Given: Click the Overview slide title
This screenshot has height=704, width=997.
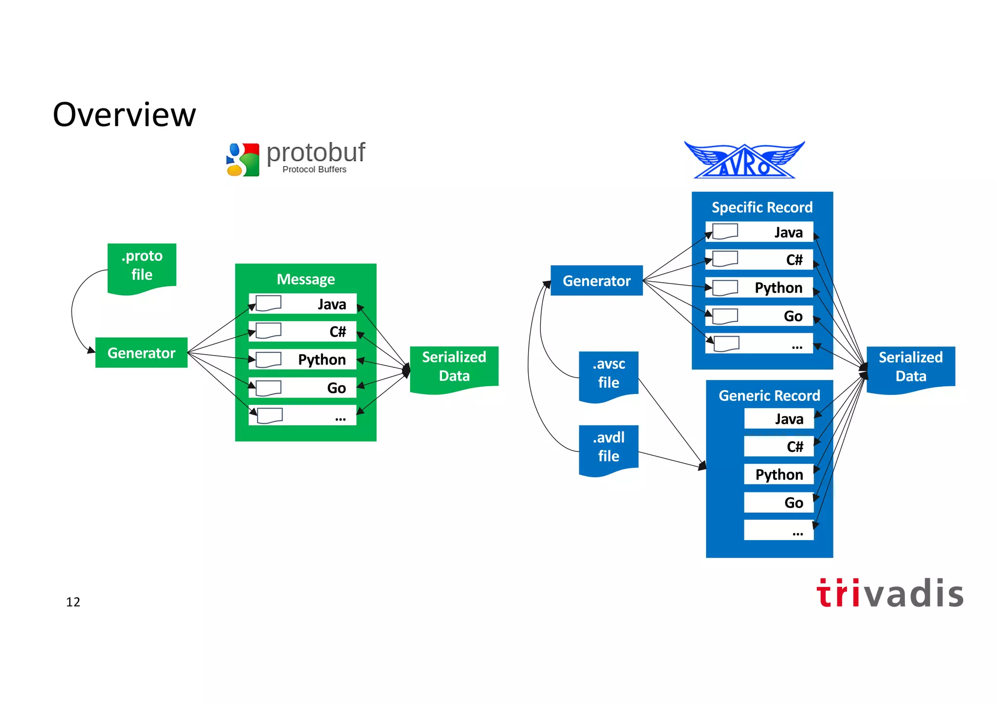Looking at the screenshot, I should tap(124, 115).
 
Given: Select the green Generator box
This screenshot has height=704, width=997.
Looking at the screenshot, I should tap(141, 353).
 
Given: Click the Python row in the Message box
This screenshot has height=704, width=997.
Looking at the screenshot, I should tap(302, 360).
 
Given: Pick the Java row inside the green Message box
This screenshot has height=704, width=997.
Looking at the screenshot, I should tap(302, 304).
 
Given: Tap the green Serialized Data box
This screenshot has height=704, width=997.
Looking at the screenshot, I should tap(454, 367).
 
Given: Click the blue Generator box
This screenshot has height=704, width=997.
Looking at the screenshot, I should tap(596, 281).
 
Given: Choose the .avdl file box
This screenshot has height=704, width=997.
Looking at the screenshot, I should tap(609, 447).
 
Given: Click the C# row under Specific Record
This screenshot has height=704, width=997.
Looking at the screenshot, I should tap(759, 259).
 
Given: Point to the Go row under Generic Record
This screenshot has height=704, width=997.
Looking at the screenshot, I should tap(778, 503).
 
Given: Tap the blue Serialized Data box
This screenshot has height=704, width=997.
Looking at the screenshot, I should tap(910, 367).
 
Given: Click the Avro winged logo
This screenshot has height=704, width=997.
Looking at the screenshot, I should tap(744, 161).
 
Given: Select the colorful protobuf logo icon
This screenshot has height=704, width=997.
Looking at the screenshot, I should tap(243, 160).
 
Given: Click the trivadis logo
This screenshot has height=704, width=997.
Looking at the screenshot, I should tap(889, 594).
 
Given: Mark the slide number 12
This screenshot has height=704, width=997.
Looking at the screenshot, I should tap(73, 602).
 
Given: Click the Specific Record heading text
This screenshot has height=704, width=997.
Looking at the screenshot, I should tap(762, 207).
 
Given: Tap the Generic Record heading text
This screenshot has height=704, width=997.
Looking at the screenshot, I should tap(769, 396).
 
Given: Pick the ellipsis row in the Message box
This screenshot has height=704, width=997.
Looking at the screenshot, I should tap(302, 416).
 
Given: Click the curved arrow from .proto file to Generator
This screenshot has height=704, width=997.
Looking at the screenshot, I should tap(73, 311).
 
